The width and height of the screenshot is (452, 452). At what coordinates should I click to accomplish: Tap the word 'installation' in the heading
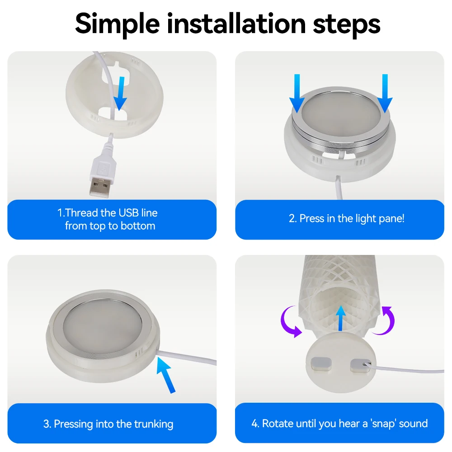click(236, 23)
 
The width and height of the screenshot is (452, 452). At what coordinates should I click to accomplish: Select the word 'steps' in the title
click(347, 25)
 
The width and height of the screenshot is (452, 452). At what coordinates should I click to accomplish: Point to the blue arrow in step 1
click(120, 94)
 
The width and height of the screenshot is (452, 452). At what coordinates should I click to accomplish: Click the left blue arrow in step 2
click(297, 94)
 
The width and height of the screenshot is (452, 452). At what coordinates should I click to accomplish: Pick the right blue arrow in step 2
click(385, 94)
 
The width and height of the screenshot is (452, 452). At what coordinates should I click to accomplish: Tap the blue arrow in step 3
click(166, 375)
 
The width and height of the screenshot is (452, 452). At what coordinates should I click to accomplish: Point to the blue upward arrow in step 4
click(341, 318)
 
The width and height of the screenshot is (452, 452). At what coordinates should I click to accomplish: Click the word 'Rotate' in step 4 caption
click(278, 424)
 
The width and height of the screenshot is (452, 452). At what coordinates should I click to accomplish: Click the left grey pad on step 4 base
click(321, 364)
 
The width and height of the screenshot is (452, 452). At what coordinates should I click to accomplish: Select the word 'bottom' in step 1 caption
click(138, 226)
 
